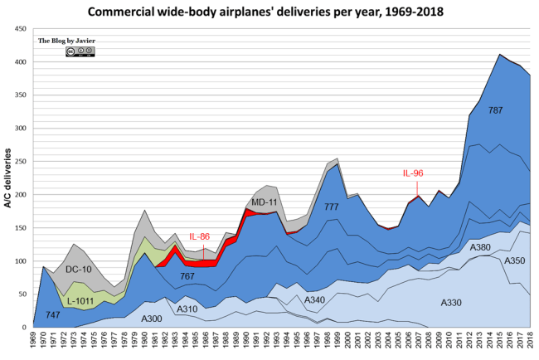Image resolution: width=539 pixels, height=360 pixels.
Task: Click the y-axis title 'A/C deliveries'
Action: click(9, 178)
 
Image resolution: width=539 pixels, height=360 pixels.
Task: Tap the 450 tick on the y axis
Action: click(22, 29)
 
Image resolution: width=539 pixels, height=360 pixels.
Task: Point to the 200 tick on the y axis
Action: click(22, 195)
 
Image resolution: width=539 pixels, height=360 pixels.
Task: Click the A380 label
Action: click(480, 247)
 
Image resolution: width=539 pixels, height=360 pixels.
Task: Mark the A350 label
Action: click(514, 260)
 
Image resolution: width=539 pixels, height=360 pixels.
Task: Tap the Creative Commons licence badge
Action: click(80, 52)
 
